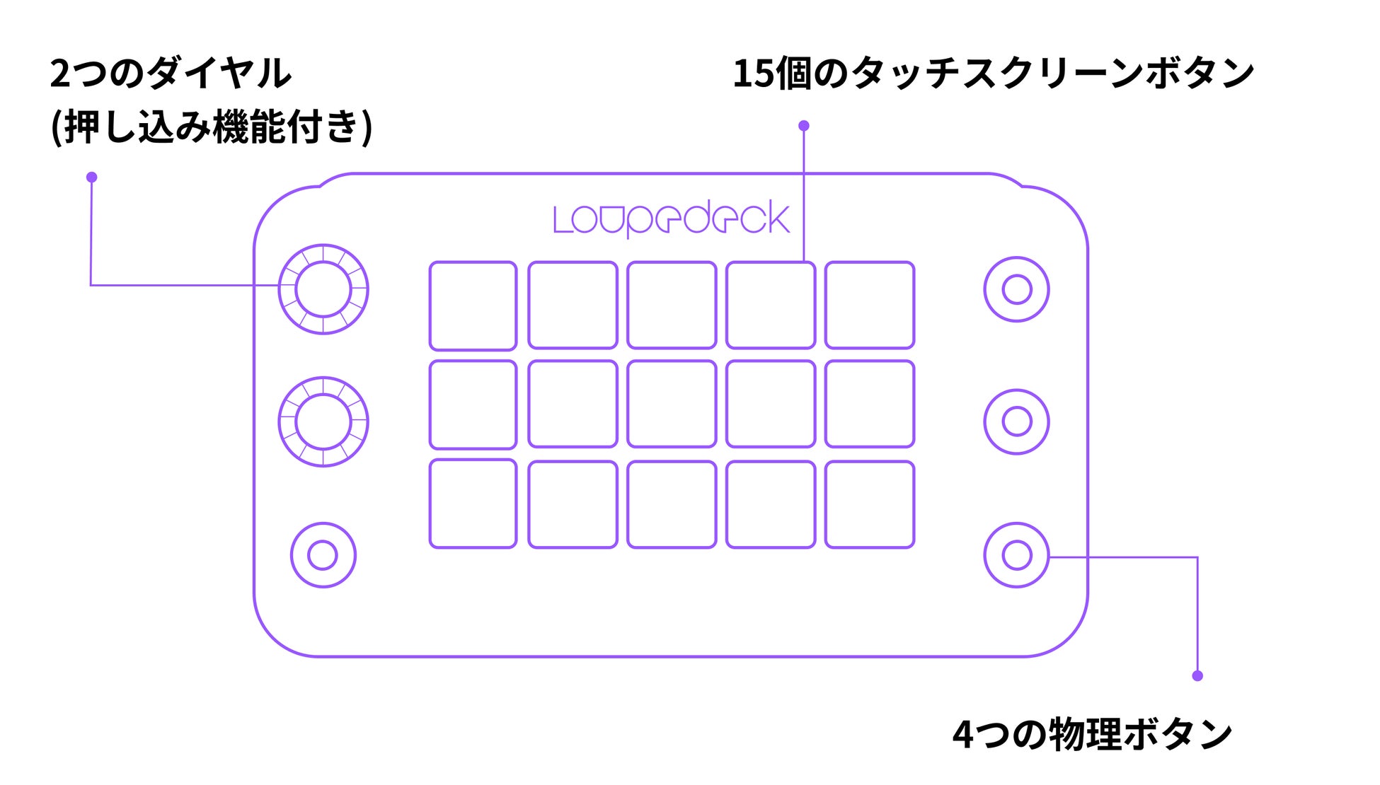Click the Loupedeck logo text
[x=671, y=219]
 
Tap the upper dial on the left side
[x=323, y=289]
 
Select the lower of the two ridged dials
[x=323, y=421]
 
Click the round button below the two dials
[x=323, y=555]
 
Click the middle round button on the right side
[x=1016, y=421]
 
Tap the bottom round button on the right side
[x=1016, y=555]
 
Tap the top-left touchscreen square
[x=473, y=306]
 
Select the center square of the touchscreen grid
[x=672, y=405]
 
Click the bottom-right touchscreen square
[x=870, y=504]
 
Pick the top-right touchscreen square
[x=870, y=306]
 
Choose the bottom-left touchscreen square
[x=473, y=504]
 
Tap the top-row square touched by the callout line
[x=771, y=306]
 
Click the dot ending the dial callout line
[x=91, y=178]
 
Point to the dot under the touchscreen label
[x=803, y=126]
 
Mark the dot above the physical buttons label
[x=1197, y=676]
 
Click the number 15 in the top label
[x=753, y=74]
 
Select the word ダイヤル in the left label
[x=220, y=74]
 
